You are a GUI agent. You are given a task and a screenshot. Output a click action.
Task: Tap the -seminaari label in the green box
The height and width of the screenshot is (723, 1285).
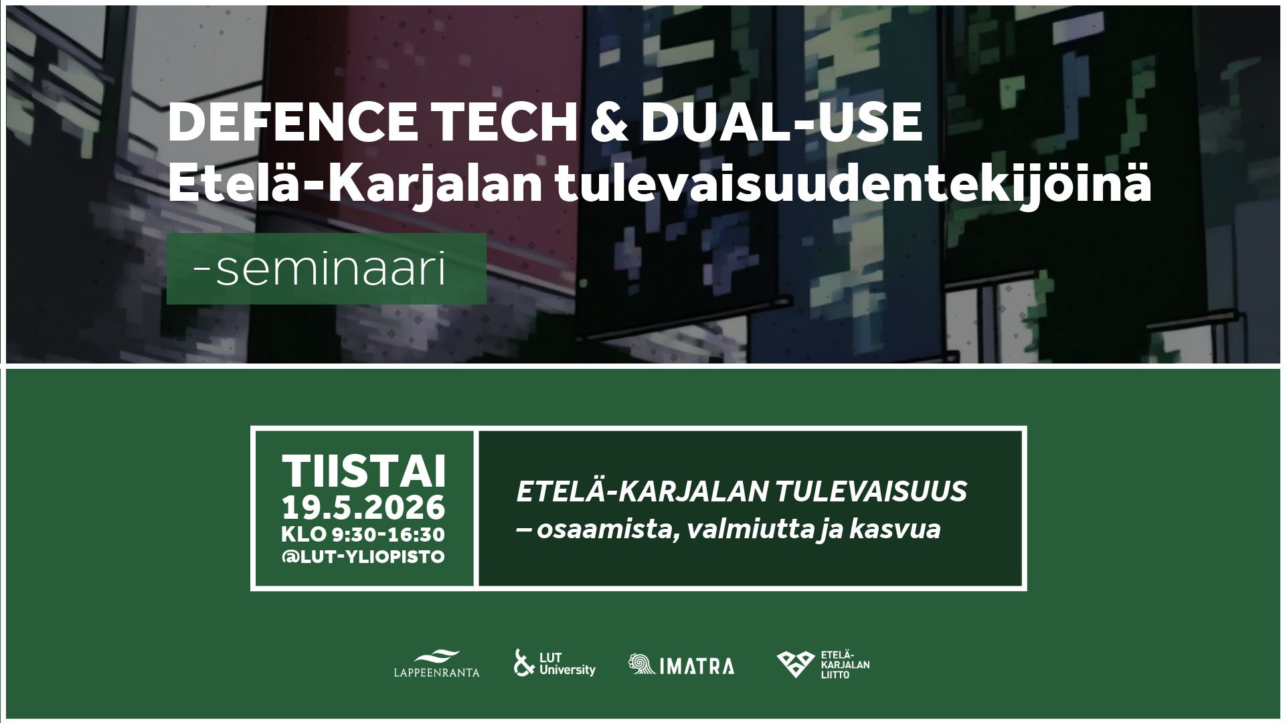(319, 270)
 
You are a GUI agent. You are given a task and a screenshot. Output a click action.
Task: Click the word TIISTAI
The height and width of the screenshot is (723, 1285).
(363, 471)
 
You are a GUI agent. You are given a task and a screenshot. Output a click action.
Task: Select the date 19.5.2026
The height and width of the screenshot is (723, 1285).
(363, 507)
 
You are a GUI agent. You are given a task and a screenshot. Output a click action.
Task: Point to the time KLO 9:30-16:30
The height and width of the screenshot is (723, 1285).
(363, 535)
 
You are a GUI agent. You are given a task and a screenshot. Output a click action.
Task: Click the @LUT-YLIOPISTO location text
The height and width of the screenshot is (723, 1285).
(363, 557)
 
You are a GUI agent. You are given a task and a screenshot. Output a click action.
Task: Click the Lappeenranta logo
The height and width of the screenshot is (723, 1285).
(437, 663)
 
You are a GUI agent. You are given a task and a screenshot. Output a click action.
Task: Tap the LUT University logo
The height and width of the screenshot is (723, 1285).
(554, 663)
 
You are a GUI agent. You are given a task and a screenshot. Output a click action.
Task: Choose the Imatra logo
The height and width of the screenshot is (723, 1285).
(681, 665)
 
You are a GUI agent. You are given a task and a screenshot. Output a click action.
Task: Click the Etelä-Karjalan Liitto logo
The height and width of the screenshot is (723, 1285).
(823, 664)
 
